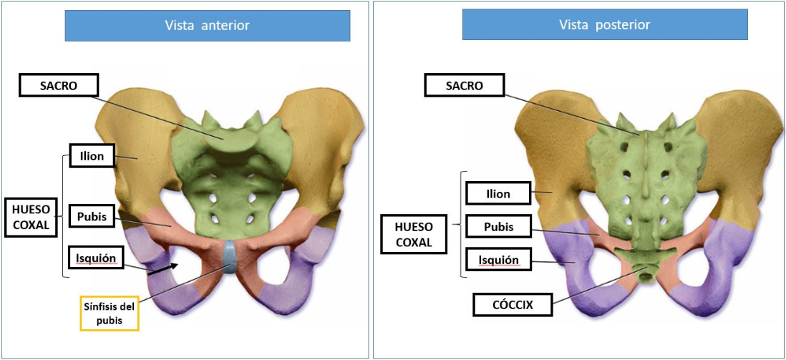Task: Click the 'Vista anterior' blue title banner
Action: [208, 25]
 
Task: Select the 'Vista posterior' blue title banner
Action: [605, 24]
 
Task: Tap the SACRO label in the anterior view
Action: [58, 84]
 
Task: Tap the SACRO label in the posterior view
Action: [464, 85]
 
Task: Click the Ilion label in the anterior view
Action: [93, 156]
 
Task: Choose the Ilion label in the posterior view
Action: [498, 193]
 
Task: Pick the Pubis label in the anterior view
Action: [93, 216]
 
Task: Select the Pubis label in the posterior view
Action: [498, 227]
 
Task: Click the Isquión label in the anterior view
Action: [96, 258]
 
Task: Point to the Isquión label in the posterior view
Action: [498, 260]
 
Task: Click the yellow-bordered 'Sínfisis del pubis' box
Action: [110, 313]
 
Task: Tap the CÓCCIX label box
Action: [513, 303]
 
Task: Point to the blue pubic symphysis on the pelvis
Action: [229, 256]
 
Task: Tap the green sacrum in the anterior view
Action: [232, 175]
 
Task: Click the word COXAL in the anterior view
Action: [31, 225]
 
